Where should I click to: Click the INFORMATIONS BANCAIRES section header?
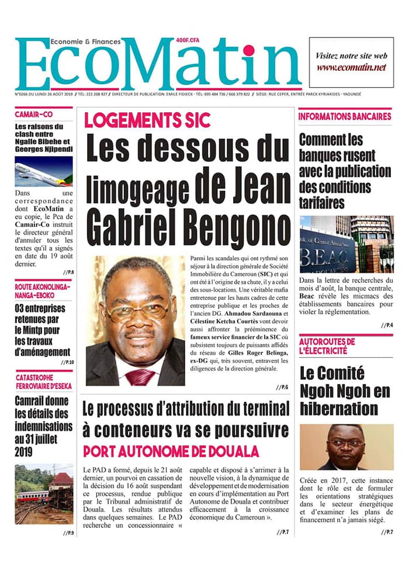[x=345, y=116]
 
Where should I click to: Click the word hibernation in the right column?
[x=338, y=407]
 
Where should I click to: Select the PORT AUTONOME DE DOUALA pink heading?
[x=171, y=451]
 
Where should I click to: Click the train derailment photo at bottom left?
[x=44, y=493]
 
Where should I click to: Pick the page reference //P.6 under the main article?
[x=282, y=387]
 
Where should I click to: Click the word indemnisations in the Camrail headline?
[x=44, y=426]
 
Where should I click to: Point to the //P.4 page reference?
[x=387, y=325]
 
